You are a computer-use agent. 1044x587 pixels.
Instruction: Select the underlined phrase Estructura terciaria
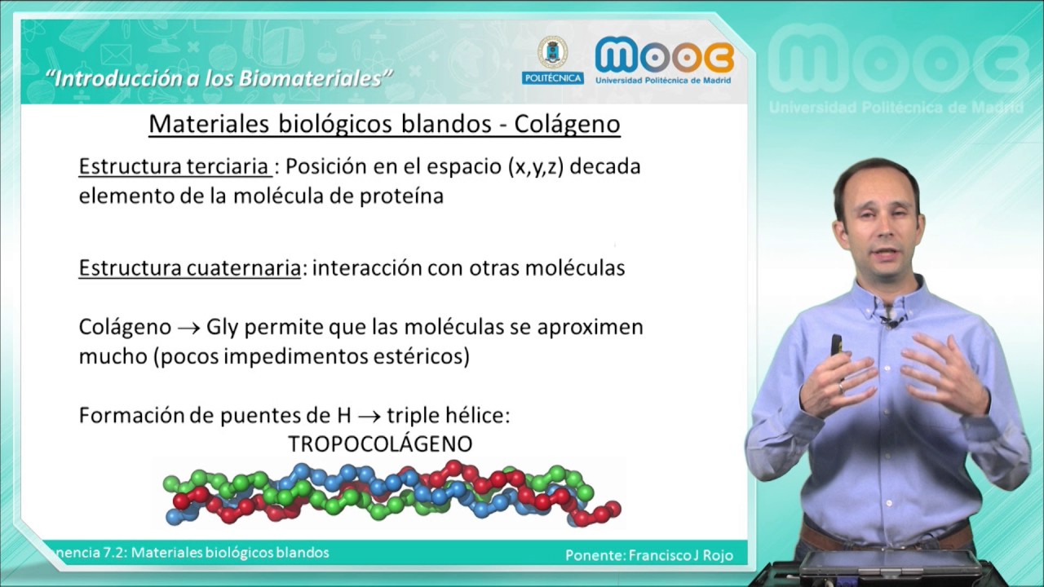175,166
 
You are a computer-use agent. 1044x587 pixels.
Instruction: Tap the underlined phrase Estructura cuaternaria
189,268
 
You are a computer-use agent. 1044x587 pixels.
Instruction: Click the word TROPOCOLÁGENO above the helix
380,444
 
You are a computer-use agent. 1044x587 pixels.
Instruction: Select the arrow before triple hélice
369,416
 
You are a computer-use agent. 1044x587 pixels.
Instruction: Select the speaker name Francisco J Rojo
681,555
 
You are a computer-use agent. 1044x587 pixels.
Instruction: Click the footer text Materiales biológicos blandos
230,553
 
